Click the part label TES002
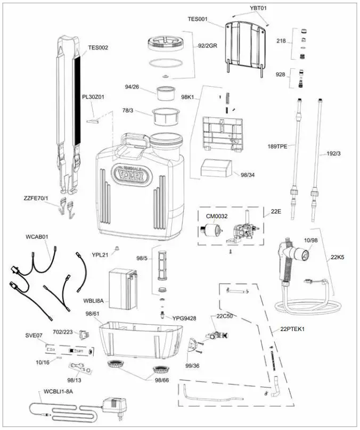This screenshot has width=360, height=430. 98,47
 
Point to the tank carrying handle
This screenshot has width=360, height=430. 136,143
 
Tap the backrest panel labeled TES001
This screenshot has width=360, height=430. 246,46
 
